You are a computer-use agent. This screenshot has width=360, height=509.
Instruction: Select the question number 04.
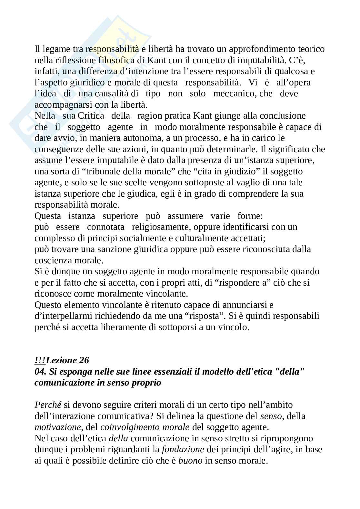tap(40, 372)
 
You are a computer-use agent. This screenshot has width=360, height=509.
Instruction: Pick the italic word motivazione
tap(57, 427)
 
